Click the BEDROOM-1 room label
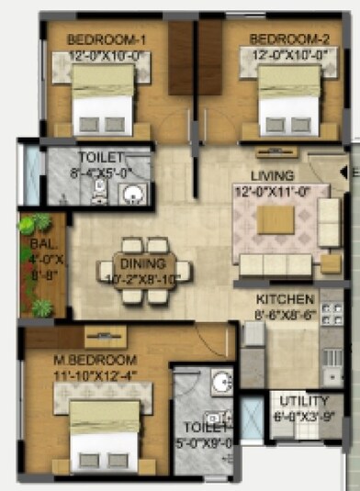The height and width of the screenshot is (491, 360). pos(105,40)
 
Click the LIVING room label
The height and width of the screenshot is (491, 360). pos(273,175)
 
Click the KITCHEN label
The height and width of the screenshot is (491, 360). pos(286,299)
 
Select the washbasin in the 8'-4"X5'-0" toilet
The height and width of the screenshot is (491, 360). pos(133,195)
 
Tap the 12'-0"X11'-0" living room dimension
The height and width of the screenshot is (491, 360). pos(273,191)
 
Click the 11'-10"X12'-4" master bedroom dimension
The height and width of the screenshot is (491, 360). pos(96,374)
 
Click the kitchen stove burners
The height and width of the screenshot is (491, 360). pos(332,317)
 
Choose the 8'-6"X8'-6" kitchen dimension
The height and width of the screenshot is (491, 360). pos(286,313)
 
